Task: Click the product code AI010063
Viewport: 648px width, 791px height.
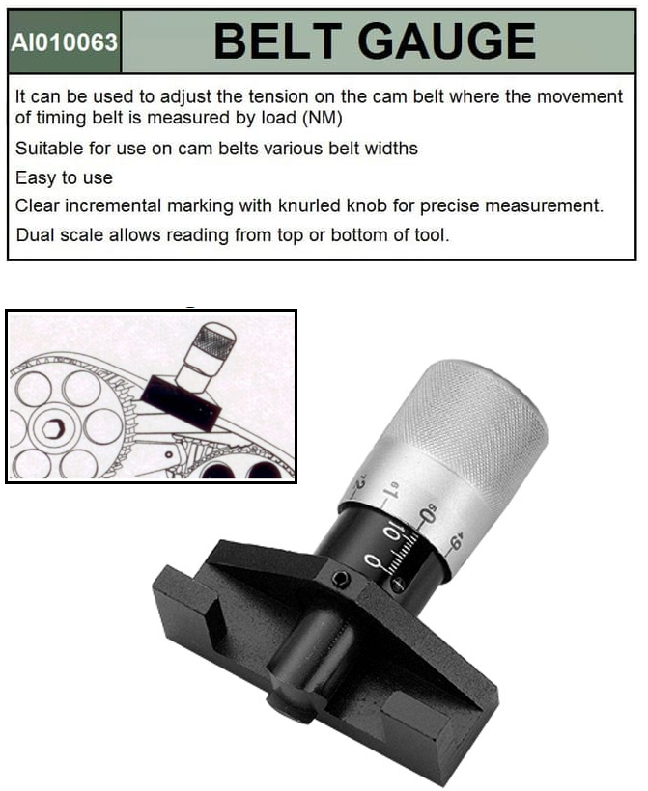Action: [64, 42]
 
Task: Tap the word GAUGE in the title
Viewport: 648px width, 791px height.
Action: [446, 41]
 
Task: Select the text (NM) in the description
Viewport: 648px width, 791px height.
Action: [323, 118]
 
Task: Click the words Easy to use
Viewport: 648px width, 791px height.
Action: [64, 178]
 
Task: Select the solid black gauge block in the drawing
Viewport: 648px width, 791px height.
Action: [181, 402]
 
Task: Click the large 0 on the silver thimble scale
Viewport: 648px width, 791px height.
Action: [428, 513]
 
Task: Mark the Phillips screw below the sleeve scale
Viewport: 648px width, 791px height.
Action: [398, 585]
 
